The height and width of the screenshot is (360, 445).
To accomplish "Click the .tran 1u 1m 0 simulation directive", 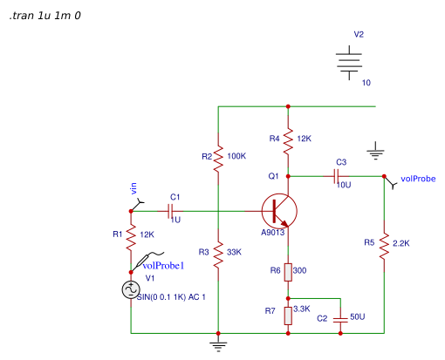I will [x=44, y=17].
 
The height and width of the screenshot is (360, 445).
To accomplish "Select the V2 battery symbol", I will [x=350, y=61].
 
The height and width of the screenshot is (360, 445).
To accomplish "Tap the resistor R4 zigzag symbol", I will [x=288, y=139].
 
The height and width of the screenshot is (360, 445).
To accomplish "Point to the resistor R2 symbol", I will [x=218, y=157].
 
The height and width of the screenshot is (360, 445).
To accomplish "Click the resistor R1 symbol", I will [x=131, y=235].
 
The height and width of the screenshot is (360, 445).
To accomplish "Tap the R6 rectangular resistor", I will [x=288, y=272].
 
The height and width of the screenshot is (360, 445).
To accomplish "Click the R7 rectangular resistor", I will [x=288, y=315].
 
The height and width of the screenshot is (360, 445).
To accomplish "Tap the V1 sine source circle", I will [x=131, y=290].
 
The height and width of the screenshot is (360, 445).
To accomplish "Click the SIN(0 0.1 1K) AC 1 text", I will [x=172, y=297].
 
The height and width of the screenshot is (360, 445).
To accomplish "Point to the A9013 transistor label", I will [x=273, y=234].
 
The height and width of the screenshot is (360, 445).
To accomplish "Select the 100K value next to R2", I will [x=236, y=156].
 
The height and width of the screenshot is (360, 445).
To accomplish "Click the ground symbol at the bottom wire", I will [x=218, y=343].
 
